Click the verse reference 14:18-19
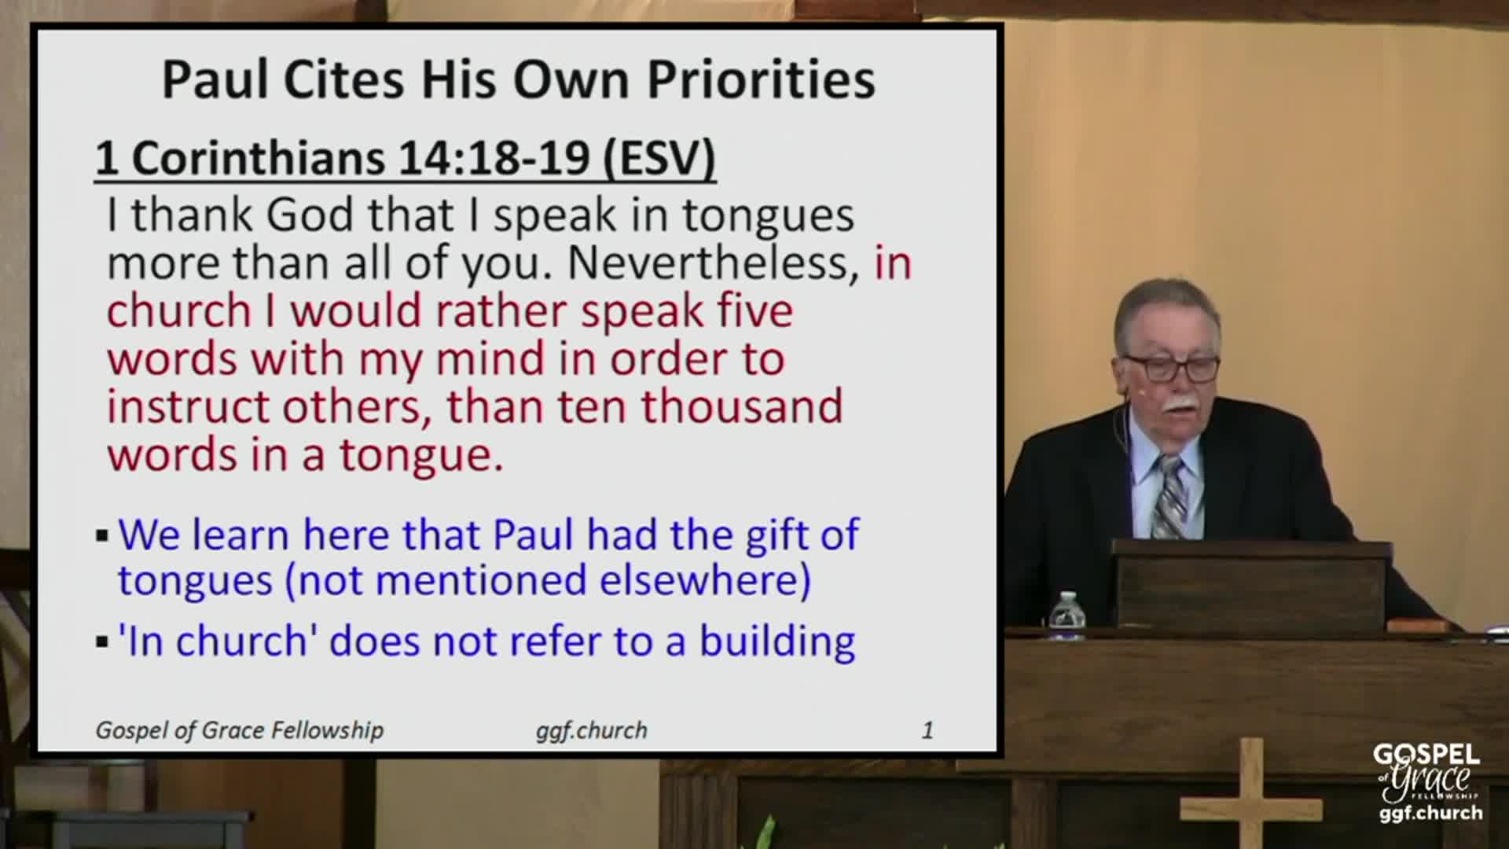tap(494, 158)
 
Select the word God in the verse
tap(310, 215)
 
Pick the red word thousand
tap(742, 407)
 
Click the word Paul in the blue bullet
tap(533, 535)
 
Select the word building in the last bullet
tap(777, 641)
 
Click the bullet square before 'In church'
tap(102, 642)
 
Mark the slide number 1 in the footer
tap(927, 730)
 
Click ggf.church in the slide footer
tap(592, 730)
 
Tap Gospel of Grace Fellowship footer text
tap(240, 730)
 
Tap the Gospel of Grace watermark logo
tap(1426, 782)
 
